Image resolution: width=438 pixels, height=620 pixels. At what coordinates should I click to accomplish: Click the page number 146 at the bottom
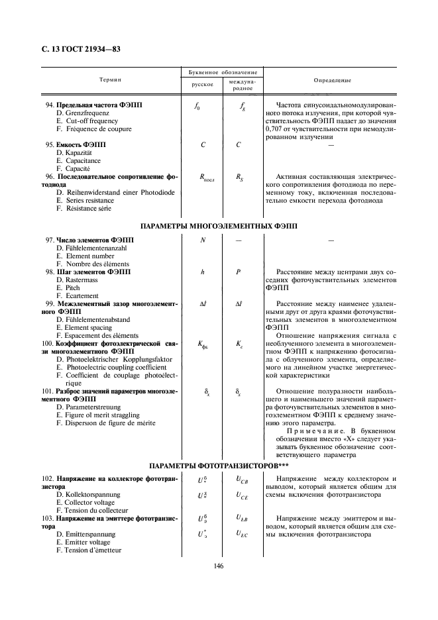[218, 565]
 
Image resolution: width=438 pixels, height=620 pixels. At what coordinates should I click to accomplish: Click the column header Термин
[111, 79]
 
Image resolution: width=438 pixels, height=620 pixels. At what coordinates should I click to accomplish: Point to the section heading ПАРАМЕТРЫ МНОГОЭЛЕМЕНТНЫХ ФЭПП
[218, 226]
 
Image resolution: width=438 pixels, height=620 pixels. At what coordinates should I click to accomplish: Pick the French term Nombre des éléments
[91, 264]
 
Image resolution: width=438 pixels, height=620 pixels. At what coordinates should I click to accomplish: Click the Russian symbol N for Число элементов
[202, 240]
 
